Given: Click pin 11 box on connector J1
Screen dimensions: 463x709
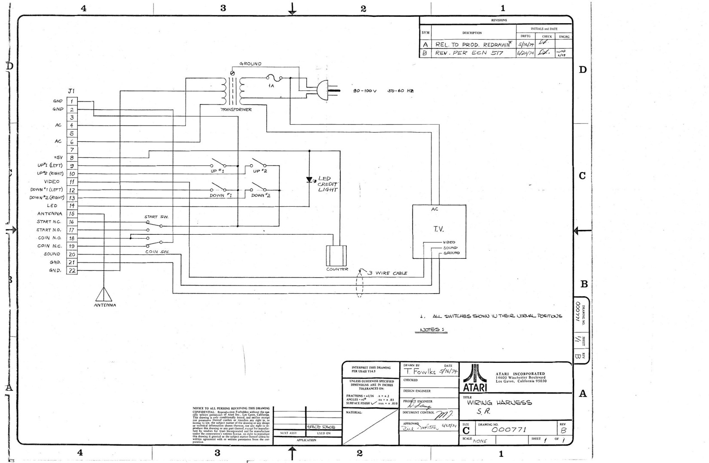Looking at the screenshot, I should tap(72, 182).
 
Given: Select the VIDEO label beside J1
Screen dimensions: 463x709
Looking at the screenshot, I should tap(52, 181).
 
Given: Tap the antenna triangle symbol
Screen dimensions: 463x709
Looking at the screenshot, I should tap(104, 295).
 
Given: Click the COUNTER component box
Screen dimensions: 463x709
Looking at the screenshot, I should tap(336, 256).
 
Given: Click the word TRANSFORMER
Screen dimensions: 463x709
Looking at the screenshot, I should tap(236, 110).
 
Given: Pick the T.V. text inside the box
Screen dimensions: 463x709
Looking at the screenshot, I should tap(439, 229).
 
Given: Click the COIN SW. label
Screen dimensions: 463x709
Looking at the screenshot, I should tap(157, 252).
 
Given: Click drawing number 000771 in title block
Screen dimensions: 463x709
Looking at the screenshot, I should tap(509, 429).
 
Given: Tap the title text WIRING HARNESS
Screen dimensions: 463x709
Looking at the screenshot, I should tap(499, 403).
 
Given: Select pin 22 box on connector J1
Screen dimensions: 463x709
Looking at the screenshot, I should tap(72, 270).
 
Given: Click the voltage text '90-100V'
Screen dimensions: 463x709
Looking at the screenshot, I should tap(364, 91).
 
